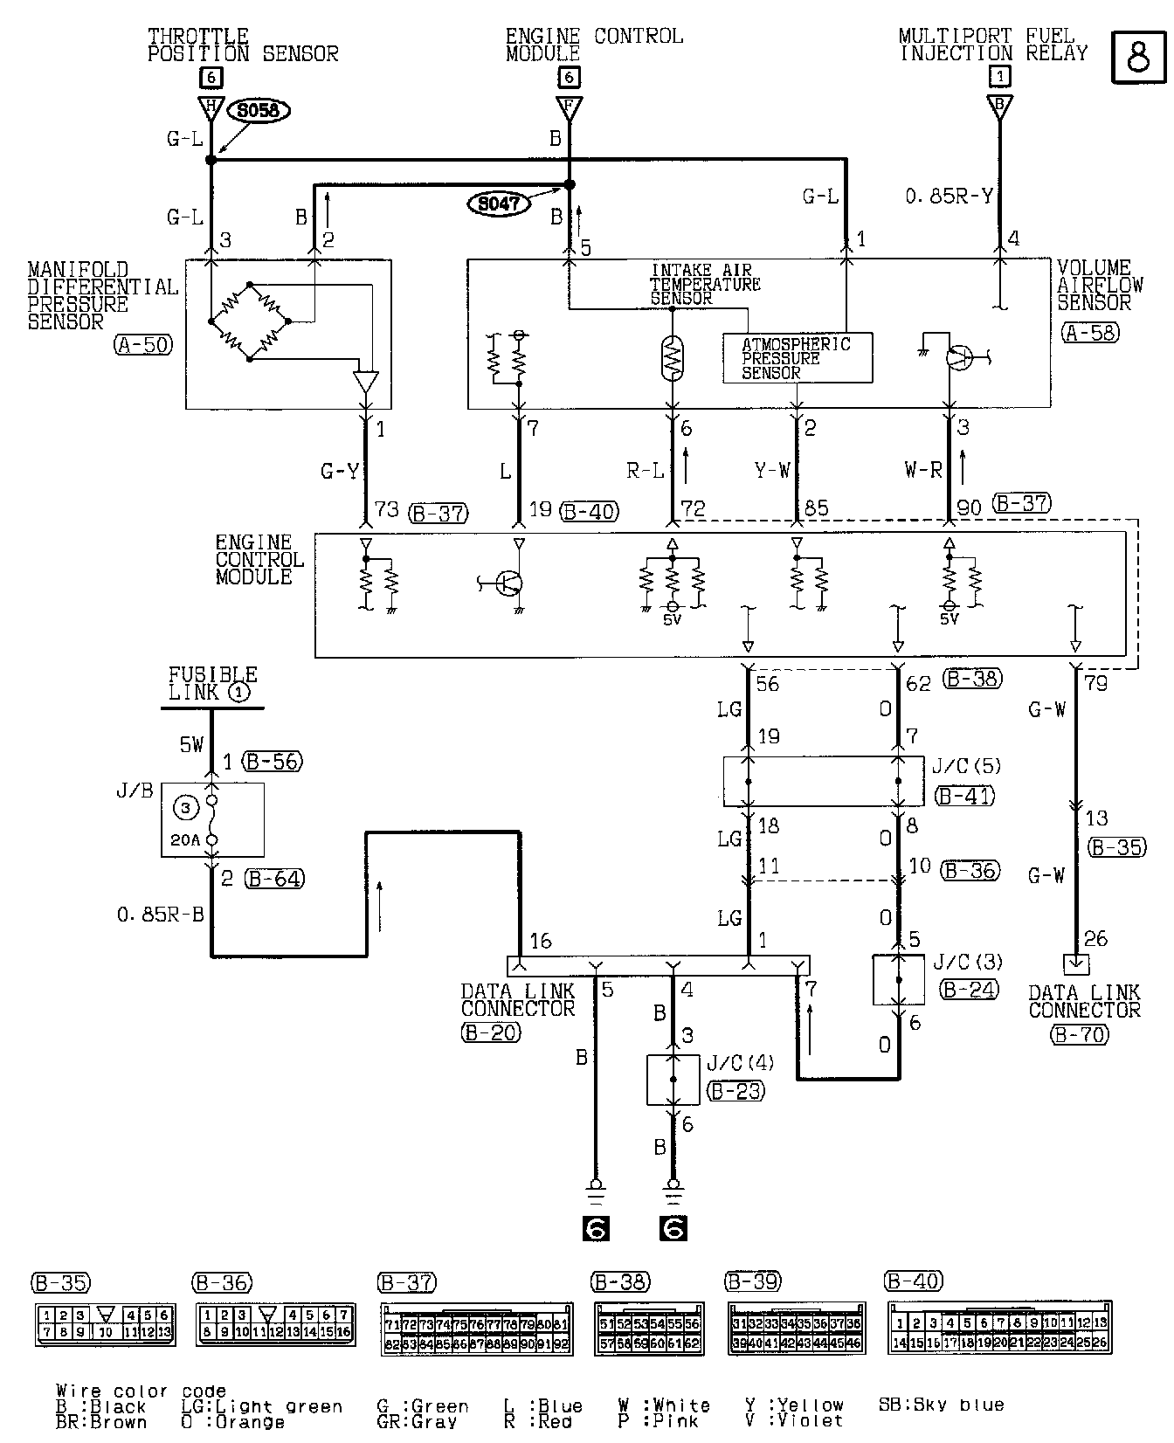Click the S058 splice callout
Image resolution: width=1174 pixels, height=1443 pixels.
[258, 111]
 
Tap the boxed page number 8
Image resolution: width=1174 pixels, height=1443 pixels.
[1138, 58]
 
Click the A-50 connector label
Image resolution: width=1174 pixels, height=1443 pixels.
[142, 345]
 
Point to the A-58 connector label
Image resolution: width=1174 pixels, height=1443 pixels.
[1090, 333]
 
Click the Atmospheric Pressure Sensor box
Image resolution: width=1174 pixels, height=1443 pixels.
[797, 358]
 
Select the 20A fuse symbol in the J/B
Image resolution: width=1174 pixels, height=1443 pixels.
[211, 819]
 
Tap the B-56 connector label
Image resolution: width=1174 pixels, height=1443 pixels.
[273, 762]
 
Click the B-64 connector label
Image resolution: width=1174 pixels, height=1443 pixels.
[273, 879]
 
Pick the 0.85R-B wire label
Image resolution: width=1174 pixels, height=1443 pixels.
[161, 915]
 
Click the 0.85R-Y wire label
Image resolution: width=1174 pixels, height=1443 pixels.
[949, 197]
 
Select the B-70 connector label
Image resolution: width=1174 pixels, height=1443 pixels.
[1080, 1035]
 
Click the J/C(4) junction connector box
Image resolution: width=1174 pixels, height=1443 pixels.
[673, 1080]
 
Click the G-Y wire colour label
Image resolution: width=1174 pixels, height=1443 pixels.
[340, 472]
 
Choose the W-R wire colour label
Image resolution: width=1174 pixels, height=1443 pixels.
[923, 471]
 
